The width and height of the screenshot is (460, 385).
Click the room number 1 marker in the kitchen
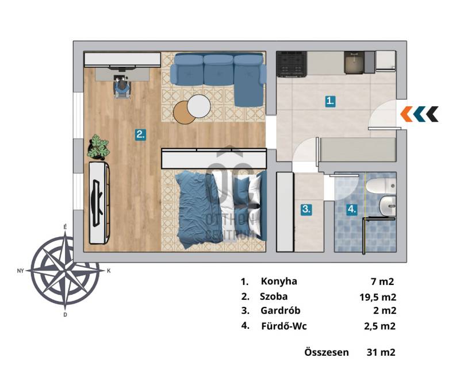tap(330, 101)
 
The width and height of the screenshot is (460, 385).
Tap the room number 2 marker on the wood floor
tap(140, 134)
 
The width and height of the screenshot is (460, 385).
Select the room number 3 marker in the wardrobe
tap(306, 209)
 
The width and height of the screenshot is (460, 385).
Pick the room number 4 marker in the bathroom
tap(352, 209)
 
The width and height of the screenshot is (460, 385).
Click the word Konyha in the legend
tap(279, 281)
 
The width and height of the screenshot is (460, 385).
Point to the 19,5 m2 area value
tap(378, 297)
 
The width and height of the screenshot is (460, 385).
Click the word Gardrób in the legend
tap(281, 310)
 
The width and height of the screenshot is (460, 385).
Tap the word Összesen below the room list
tap(327, 352)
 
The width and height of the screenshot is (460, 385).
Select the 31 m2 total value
tap(381, 352)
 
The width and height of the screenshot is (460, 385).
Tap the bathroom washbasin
tap(387, 206)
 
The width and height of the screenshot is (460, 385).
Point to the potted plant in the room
tap(98, 147)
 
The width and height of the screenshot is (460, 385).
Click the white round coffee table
tap(199, 106)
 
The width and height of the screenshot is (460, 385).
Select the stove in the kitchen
tap(292, 64)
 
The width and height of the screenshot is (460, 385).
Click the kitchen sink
tap(354, 63)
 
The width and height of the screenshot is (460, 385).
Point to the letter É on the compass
tap(65, 227)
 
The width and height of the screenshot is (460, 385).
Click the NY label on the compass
tap(20, 271)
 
